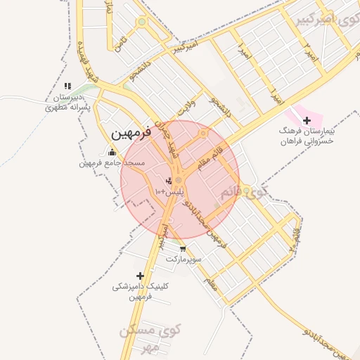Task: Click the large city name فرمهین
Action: [131, 132]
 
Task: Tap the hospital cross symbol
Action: [307, 120]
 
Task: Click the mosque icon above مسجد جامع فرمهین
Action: [112, 153]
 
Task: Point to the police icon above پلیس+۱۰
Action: [167, 181]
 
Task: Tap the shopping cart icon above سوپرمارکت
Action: [184, 248]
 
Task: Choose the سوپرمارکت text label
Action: [184, 259]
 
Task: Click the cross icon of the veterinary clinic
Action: [140, 276]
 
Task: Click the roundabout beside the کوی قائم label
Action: [246, 190]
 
